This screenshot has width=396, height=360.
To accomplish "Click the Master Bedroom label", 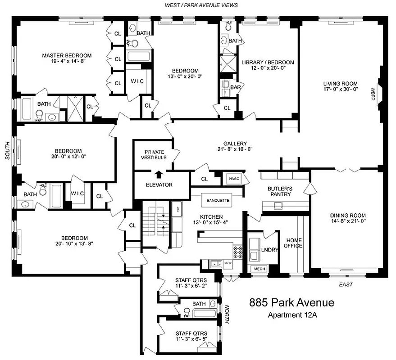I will (64, 56).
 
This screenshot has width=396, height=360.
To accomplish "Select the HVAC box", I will (234, 178).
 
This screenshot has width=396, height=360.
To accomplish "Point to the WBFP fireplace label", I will (373, 93).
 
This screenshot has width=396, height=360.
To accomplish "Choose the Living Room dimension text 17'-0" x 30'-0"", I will (340, 89).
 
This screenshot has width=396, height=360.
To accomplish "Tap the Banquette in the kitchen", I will (218, 200).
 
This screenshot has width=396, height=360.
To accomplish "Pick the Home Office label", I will (293, 243).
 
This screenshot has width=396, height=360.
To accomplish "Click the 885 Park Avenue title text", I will (291, 302).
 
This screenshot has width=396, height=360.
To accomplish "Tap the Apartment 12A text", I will (292, 315).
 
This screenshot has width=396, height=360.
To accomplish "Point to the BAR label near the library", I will (235, 87).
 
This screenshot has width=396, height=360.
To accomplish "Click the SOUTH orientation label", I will (7, 156).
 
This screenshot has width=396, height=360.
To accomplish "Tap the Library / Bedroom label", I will (268, 63).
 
